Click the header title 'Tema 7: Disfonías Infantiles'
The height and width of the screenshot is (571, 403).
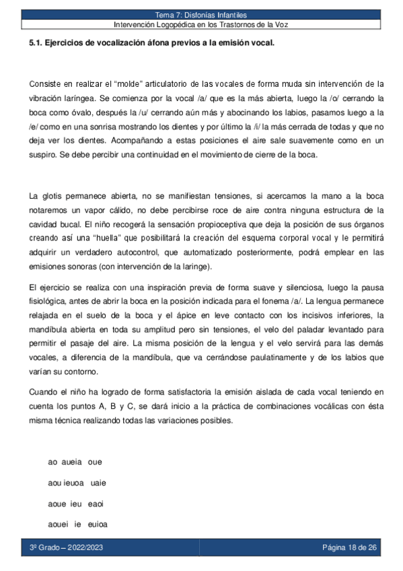201,14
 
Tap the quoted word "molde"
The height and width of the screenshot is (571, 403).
129,84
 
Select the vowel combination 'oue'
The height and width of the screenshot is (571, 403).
95,463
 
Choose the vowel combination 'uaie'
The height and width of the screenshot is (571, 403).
98,483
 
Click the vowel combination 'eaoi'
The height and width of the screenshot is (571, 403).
95,504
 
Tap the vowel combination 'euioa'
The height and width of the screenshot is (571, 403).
98,524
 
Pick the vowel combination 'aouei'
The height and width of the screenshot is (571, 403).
60,524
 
